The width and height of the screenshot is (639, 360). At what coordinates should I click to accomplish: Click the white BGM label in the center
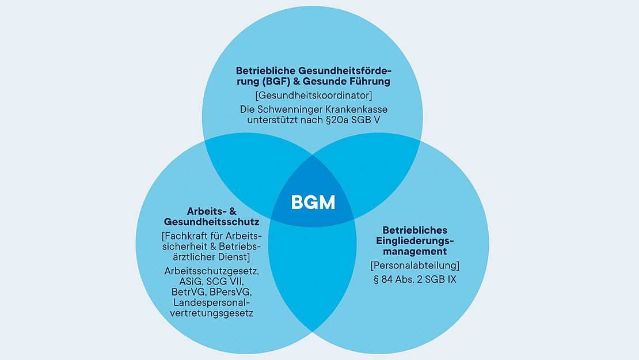(313, 202)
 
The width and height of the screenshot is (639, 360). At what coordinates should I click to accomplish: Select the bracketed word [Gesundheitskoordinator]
(313, 94)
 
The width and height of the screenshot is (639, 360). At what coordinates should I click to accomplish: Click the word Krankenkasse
(357, 109)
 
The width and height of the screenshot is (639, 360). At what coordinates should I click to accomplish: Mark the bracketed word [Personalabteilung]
(407, 266)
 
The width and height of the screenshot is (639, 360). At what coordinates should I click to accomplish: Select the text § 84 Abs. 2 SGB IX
(407, 280)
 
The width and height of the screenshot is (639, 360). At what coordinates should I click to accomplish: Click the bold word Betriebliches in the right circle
(407, 230)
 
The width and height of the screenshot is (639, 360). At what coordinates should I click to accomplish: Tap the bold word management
(408, 251)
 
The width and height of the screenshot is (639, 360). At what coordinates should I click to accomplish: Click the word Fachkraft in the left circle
(188, 236)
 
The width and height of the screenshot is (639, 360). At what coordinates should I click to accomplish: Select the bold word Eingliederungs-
(407, 241)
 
